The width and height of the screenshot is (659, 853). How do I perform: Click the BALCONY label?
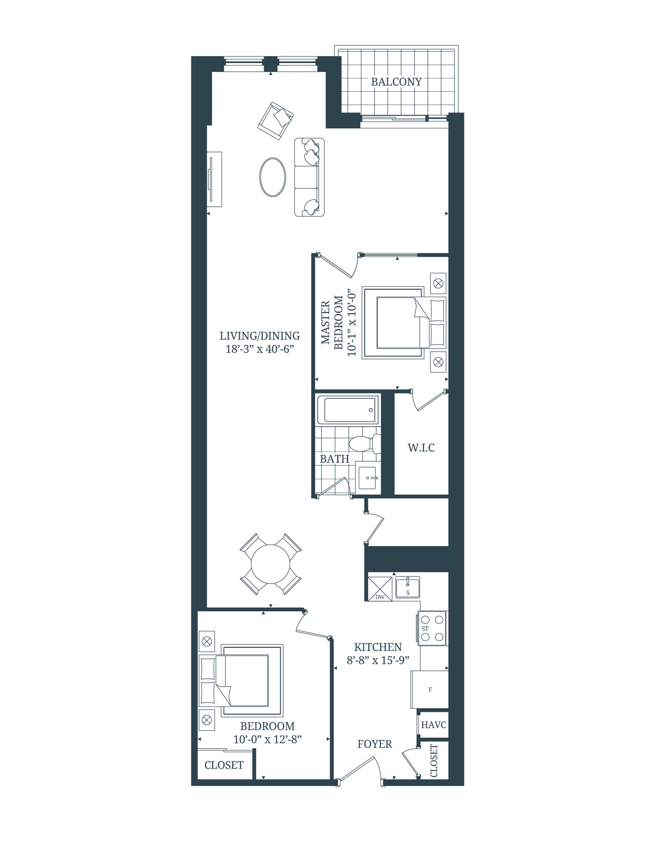tap(396, 82)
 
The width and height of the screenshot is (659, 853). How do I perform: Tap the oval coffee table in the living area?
tap(273, 177)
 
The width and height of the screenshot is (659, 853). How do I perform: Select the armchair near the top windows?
tap(275, 121)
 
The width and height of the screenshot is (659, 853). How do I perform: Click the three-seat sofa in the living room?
tap(309, 177)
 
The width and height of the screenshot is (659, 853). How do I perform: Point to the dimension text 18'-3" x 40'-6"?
tap(259, 349)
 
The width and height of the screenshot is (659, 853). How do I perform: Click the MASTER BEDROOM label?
tap(332, 323)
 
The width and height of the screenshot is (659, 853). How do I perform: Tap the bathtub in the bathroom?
tap(347, 410)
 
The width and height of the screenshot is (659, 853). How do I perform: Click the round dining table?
tap(270, 564)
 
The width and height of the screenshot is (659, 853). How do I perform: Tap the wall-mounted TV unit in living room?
tap(214, 179)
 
